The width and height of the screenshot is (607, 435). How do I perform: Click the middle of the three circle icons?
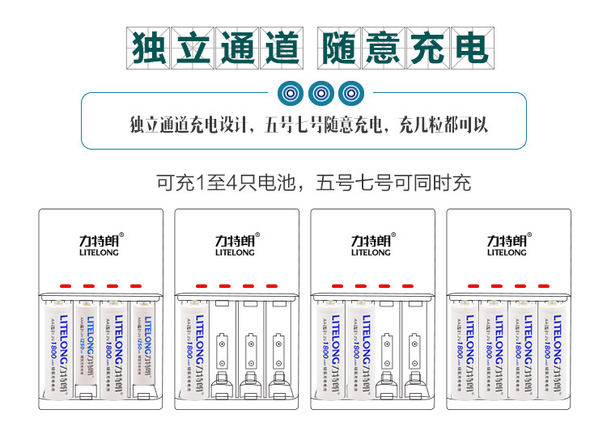pos(320,94)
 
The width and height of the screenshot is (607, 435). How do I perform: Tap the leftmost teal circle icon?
pos(291,94)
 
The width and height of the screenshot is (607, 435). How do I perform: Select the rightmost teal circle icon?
pos(350,94)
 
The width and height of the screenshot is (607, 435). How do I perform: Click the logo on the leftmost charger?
pos(101,244)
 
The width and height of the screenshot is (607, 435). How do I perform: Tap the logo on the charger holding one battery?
pos(236,244)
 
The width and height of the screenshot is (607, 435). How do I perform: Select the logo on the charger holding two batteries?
pos(371,244)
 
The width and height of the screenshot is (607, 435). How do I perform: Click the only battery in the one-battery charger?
pos(193,348)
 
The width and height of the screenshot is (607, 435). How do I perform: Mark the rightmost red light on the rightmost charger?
pos(543,286)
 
